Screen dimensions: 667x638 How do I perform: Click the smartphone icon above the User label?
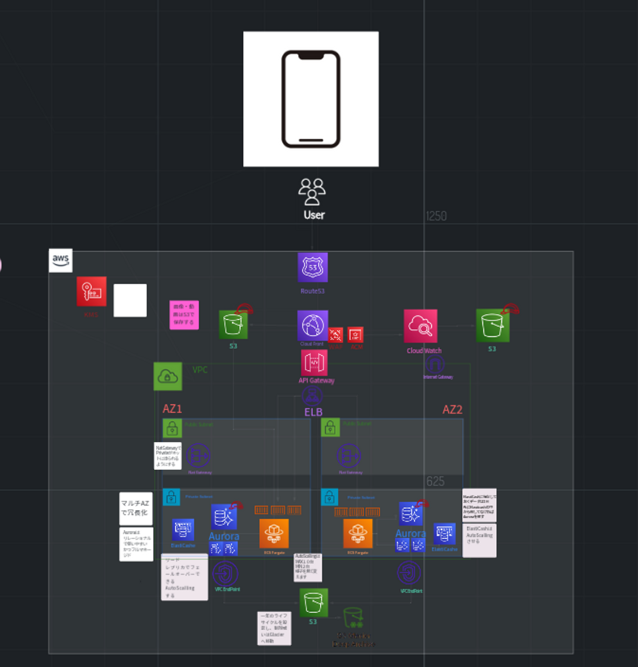[x=311, y=99]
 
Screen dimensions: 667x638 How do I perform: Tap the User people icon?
[x=312, y=191]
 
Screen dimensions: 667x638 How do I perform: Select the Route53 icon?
[x=313, y=267]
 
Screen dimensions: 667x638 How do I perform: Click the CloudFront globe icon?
[x=313, y=326]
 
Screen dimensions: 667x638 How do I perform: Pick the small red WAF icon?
[x=335, y=335]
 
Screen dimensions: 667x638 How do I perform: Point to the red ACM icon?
[x=356, y=335]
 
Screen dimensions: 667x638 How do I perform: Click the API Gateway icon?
[x=314, y=363]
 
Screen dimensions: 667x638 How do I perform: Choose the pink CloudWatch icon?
[x=420, y=326]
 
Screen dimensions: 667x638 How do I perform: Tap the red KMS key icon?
[x=92, y=291]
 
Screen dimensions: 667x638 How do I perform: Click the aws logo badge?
[x=61, y=260]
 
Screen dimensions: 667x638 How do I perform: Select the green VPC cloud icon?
[x=167, y=376]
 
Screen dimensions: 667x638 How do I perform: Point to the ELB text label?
[x=313, y=412]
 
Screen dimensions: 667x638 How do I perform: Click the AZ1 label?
[x=172, y=409]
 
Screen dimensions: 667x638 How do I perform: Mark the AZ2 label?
[x=452, y=410]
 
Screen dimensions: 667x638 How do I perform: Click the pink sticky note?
[x=184, y=315]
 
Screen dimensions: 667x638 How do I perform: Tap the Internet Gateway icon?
[x=435, y=365]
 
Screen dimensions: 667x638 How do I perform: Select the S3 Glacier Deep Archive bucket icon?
[x=353, y=617]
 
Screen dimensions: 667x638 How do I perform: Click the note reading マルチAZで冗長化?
[x=136, y=508]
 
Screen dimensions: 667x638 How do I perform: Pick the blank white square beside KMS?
[x=130, y=300]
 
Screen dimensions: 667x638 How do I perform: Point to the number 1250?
[x=436, y=216]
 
